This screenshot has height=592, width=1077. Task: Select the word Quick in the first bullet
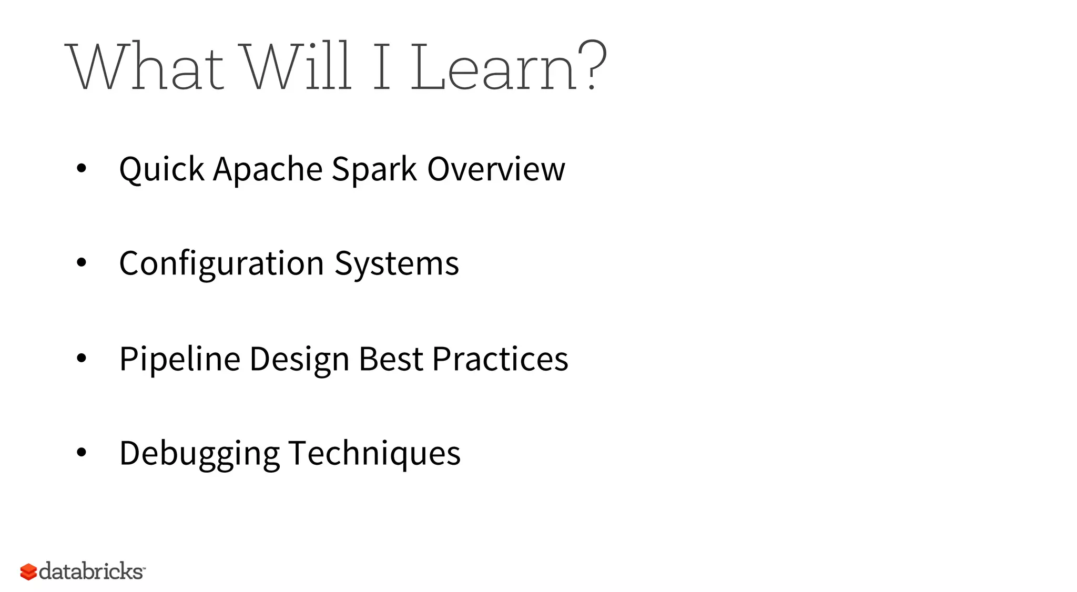[x=161, y=169]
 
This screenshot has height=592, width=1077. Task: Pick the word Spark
[x=374, y=169]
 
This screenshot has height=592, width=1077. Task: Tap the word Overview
[x=496, y=169]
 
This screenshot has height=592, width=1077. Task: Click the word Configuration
[x=221, y=264]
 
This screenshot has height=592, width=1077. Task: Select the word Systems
[x=397, y=264]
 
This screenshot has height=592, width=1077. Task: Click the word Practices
[x=500, y=359]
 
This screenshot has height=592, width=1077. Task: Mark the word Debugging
[x=199, y=454]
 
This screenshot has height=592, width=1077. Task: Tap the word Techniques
[x=374, y=453]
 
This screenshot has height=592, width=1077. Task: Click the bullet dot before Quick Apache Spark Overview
[x=81, y=169]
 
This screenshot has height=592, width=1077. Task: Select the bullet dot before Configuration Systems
[x=81, y=263]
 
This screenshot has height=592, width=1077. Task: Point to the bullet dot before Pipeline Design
[x=81, y=359]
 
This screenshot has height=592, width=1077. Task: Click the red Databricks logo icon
[x=28, y=572]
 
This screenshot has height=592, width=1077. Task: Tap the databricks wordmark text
[x=91, y=571]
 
